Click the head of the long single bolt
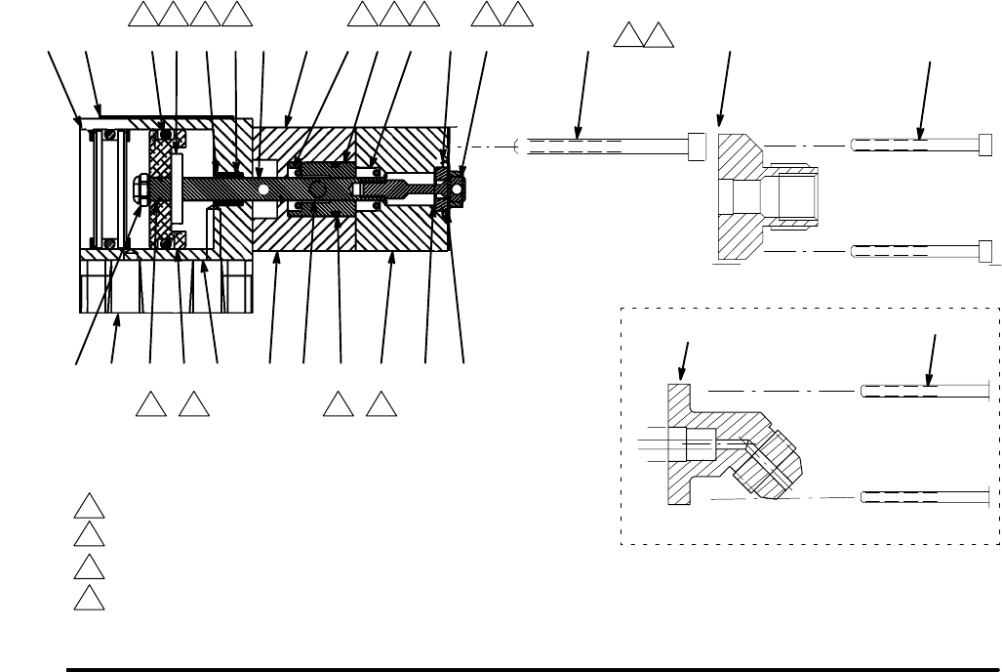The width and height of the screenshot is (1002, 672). [697, 146]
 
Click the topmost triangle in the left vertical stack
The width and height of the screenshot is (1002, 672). [90, 507]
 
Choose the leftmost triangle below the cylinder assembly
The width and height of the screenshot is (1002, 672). [149, 400]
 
